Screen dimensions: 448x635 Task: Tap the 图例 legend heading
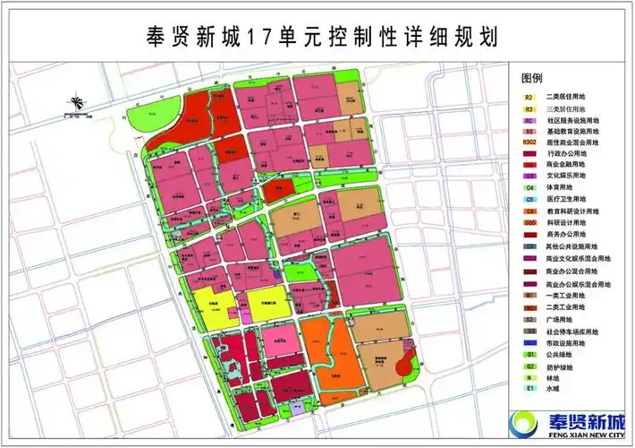(532, 78)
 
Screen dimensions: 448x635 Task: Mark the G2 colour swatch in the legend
(529, 366)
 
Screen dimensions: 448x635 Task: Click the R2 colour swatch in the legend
(529, 96)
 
